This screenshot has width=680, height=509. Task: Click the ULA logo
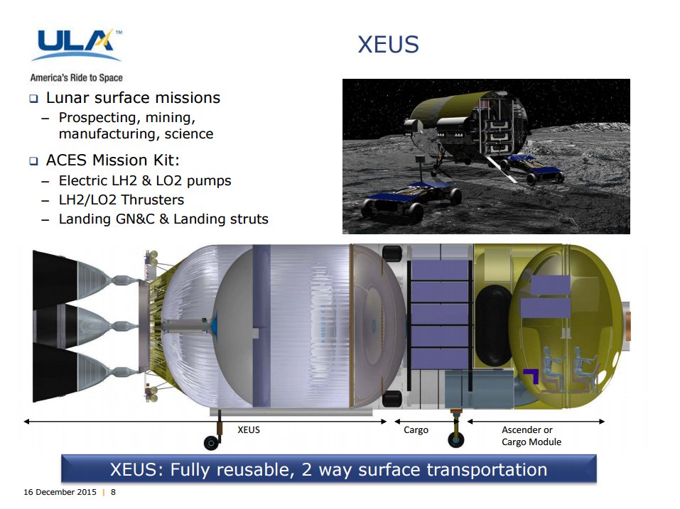[77, 45]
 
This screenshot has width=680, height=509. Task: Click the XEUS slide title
[388, 45]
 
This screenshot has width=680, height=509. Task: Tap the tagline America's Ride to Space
[76, 78]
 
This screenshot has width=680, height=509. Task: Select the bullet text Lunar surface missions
[133, 98]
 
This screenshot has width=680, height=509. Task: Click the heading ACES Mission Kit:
[113, 160]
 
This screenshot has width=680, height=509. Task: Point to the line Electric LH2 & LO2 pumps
[145, 180]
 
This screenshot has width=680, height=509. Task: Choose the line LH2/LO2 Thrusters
[122, 199]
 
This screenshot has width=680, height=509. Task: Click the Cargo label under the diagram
[416, 430]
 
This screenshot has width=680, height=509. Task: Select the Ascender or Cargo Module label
[531, 436]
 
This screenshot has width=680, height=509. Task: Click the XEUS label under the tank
[249, 429]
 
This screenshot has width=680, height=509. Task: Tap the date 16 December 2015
[60, 492]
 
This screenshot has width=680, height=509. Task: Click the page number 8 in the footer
[113, 492]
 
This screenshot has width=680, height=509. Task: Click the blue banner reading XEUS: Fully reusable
[329, 469]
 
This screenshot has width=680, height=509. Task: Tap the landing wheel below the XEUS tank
[212, 443]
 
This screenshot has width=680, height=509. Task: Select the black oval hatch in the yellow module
[494, 325]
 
